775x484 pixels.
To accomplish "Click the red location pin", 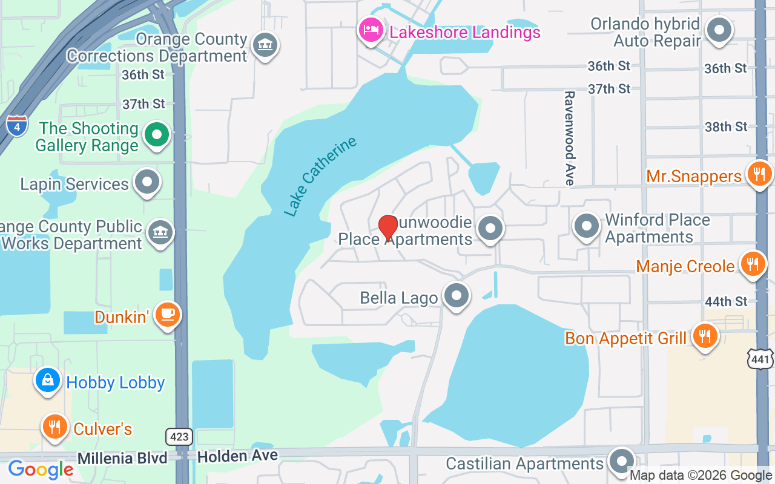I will pos(387,227).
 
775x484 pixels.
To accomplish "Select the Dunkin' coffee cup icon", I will pos(167,315).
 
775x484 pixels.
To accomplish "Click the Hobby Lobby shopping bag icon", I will pos(48,380).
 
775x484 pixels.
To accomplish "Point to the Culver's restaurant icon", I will pos(54,427).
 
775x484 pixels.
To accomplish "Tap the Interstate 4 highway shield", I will pos(17,125).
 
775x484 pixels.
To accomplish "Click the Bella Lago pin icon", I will pos(457,296).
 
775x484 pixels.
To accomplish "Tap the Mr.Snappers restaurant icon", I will pos(758,174).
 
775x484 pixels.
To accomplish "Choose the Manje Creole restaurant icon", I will pos(753,264).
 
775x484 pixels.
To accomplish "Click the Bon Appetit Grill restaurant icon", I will pos(704,336).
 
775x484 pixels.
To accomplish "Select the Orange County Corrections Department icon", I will pos(265,45).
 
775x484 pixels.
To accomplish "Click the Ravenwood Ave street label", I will pos(569,138).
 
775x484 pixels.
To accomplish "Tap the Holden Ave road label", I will pos(237,456).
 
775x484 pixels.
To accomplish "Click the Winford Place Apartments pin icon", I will pos(586,226).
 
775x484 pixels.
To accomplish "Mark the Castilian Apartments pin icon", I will pos(621,462).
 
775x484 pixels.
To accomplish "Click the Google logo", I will pos(41,469).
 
